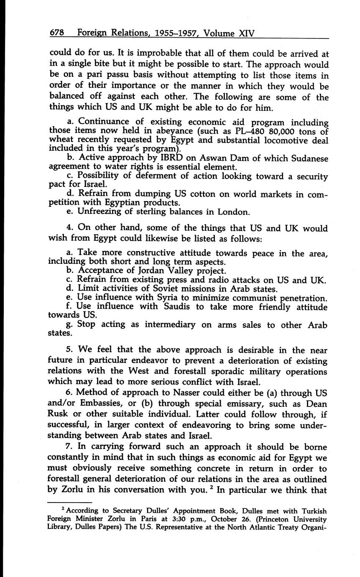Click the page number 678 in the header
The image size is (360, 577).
(x=58, y=33)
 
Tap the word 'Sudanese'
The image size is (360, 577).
(x=306, y=158)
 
